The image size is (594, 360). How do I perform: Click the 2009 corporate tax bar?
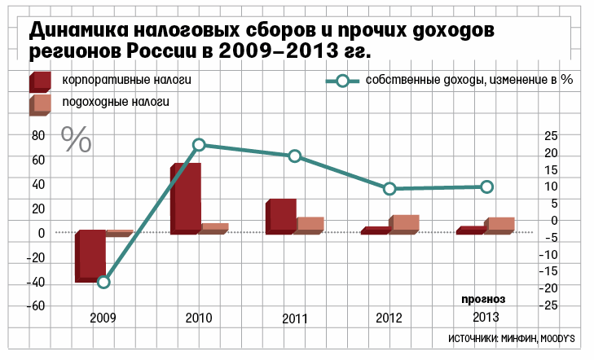click(x=90, y=257)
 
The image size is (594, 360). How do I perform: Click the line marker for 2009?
click(x=103, y=282)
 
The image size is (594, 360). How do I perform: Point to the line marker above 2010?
click(x=199, y=145)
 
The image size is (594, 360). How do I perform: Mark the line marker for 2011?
click(x=294, y=156)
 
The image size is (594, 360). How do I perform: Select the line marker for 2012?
click(x=389, y=189)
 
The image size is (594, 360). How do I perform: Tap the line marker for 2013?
click(x=486, y=187)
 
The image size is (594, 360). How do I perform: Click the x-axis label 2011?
click(x=294, y=318)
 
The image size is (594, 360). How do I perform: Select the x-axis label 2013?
click(x=486, y=318)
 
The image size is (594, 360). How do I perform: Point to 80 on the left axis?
click(x=38, y=135)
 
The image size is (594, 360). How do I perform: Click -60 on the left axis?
click(x=36, y=306)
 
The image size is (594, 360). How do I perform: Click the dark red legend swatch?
click(x=40, y=81)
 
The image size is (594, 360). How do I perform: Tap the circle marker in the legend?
click(x=343, y=81)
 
